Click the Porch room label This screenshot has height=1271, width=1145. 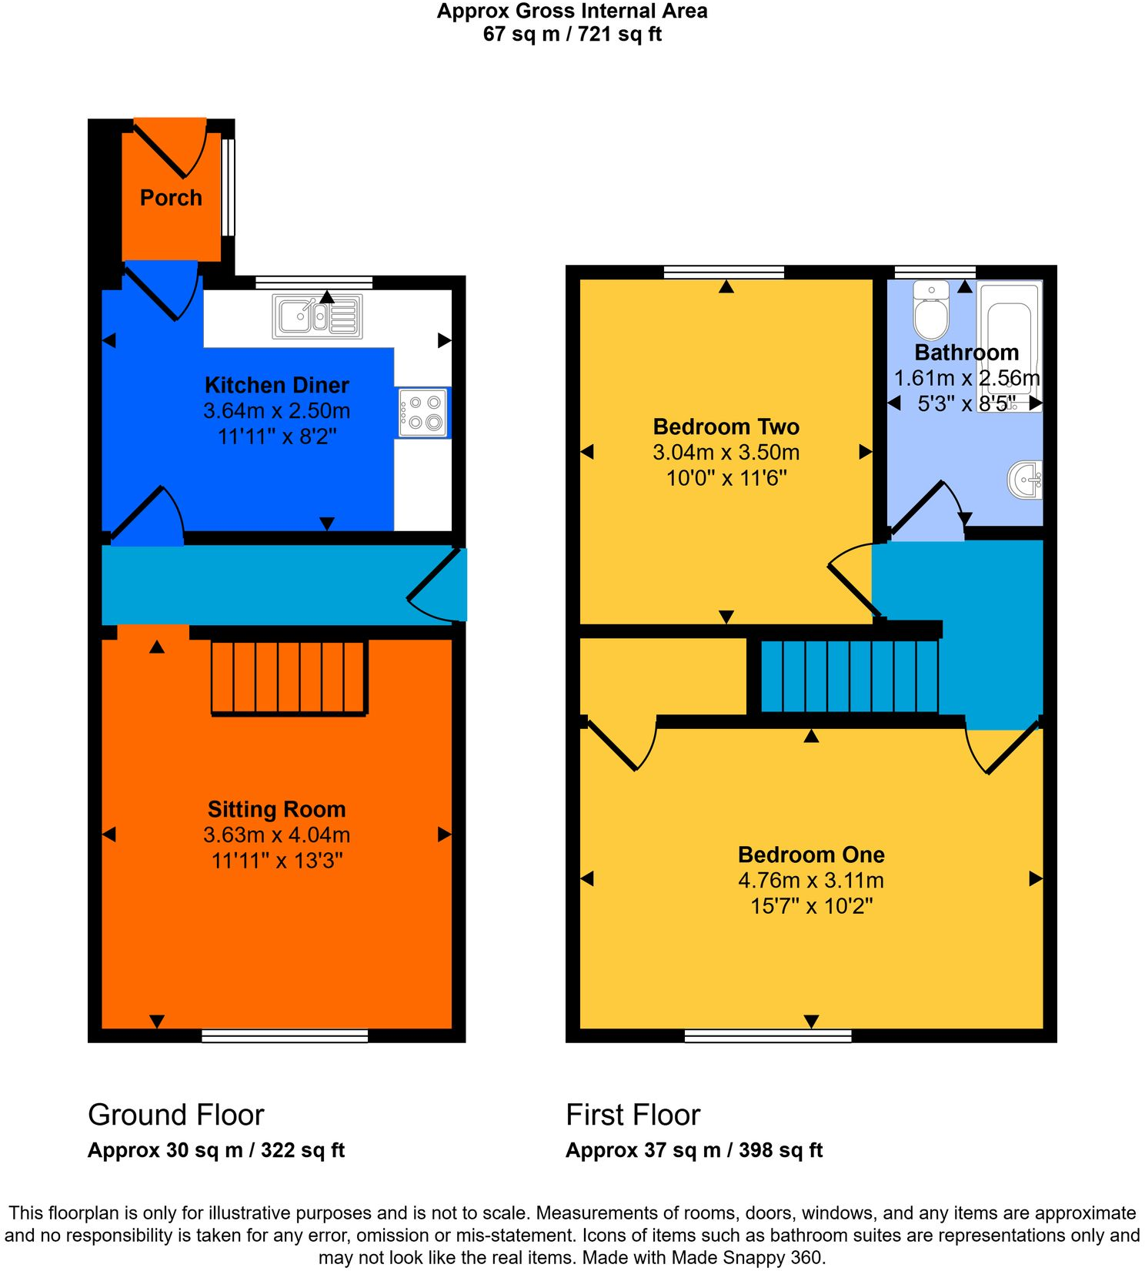[171, 198]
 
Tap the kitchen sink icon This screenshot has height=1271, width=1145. [317, 316]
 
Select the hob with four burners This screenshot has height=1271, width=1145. [422, 413]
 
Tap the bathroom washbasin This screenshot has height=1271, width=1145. [1026, 480]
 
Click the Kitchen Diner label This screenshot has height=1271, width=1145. [277, 385]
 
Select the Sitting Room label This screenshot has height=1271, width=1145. [277, 809]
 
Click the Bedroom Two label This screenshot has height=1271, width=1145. [726, 426]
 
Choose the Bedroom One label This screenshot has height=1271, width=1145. [811, 855]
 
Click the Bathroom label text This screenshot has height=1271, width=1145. [966, 353]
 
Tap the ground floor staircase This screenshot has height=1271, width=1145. [289, 677]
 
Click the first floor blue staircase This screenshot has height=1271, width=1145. [850, 676]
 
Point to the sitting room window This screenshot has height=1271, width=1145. [285, 1036]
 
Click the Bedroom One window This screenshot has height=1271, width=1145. [768, 1036]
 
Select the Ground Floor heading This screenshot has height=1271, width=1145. [176, 1115]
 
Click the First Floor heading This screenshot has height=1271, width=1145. [633, 1115]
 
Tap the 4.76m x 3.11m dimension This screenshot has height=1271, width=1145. [811, 880]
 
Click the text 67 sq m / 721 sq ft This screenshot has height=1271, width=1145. [572, 34]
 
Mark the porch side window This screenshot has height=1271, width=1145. [229, 187]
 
